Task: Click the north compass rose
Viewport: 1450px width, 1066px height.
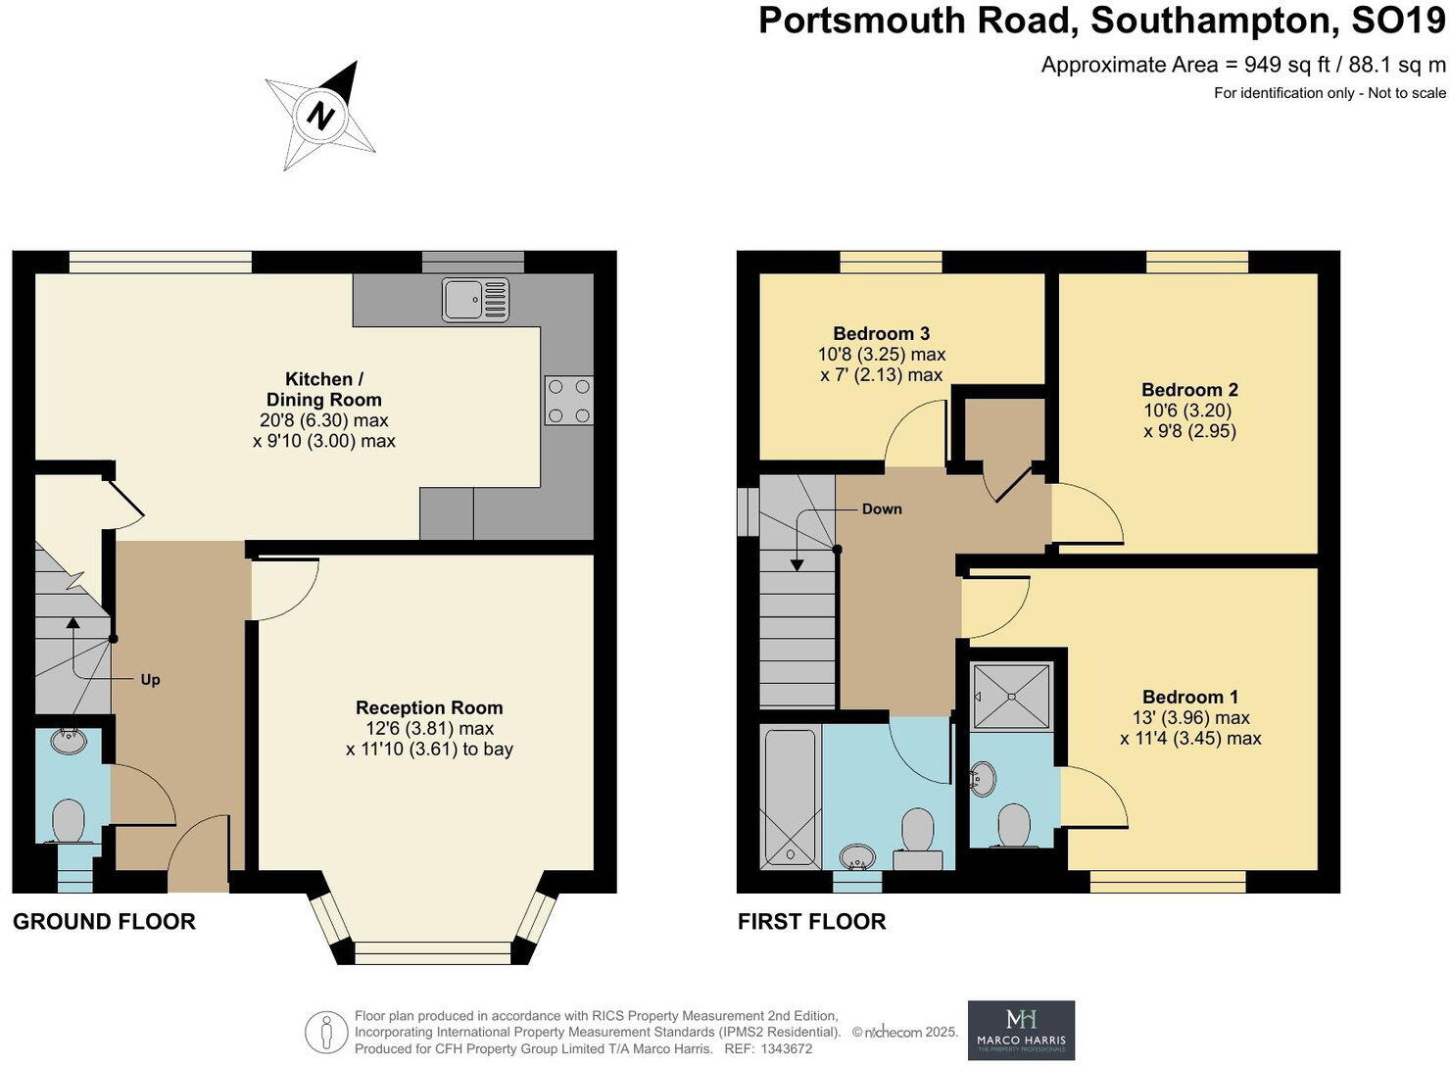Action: (320, 116)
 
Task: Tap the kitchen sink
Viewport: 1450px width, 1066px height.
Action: (475, 299)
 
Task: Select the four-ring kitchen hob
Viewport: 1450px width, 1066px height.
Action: (569, 401)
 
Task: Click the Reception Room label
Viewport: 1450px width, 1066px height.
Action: (429, 707)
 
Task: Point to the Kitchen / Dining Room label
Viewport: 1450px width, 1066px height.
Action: (323, 389)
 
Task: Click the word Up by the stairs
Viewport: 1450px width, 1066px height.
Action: (150, 679)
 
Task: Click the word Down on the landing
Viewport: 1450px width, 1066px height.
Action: (882, 509)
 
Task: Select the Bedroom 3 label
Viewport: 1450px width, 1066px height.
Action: (882, 334)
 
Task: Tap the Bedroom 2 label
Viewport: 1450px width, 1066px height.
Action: (1189, 390)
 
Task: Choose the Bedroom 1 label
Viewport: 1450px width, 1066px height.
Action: (1189, 697)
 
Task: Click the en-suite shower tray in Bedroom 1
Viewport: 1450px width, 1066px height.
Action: (1011, 696)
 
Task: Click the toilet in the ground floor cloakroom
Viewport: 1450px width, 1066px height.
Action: (68, 821)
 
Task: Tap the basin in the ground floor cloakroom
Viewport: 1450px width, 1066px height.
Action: (67, 742)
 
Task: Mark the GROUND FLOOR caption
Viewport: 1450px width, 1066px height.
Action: (104, 921)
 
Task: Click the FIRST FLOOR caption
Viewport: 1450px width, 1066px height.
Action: (811, 921)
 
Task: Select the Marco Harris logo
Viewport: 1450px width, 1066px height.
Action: (1021, 1030)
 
